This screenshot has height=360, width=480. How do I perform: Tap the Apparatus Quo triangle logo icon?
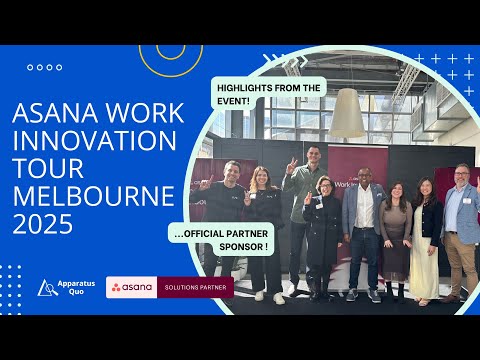point(47,288)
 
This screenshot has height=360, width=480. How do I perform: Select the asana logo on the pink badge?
point(132,288)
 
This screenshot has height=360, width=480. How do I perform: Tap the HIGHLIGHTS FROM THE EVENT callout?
point(269,95)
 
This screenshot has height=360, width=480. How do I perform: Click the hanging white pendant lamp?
point(347,112)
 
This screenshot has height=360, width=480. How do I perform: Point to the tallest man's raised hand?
point(291,165)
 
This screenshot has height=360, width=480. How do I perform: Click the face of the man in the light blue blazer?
point(364,176)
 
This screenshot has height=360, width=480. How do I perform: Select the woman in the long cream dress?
point(424,240)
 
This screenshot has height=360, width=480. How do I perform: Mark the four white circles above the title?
point(44,68)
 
